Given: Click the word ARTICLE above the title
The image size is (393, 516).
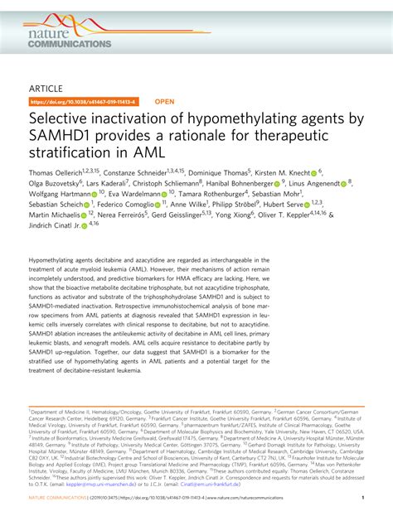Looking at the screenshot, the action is click(x=46, y=85).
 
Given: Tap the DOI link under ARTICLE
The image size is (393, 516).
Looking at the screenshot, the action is click(x=82, y=102).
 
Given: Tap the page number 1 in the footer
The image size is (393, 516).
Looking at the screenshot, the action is click(x=363, y=498).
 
